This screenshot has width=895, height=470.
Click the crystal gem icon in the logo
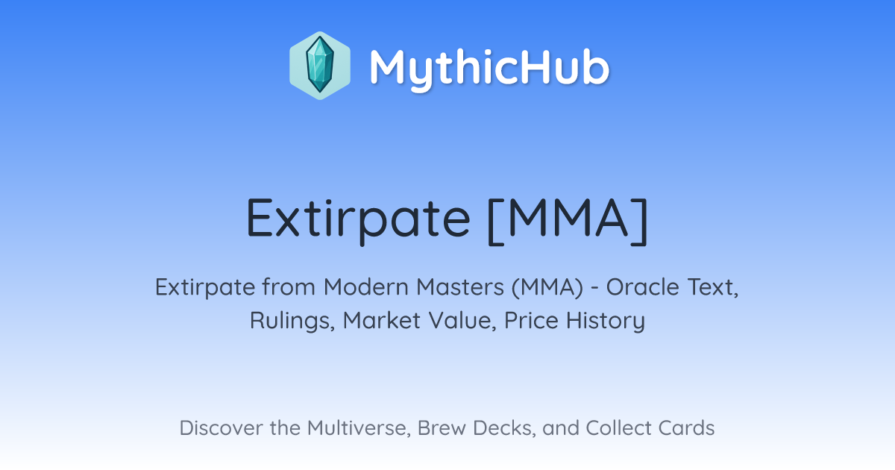tap(320, 66)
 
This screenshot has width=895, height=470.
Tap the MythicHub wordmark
tap(489, 68)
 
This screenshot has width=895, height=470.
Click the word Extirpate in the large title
tap(358, 219)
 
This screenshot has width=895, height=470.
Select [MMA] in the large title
tap(568, 219)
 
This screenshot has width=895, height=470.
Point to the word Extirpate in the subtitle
tap(205, 287)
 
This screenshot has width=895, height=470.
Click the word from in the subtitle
tap(289, 287)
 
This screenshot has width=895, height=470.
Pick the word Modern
tap(366, 287)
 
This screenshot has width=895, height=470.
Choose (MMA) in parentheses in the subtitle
tap(547, 288)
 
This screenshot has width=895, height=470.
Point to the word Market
tap(382, 321)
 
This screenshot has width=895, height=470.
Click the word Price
tap(531, 321)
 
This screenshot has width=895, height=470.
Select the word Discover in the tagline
tap(221, 427)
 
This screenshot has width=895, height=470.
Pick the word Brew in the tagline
tap(442, 427)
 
